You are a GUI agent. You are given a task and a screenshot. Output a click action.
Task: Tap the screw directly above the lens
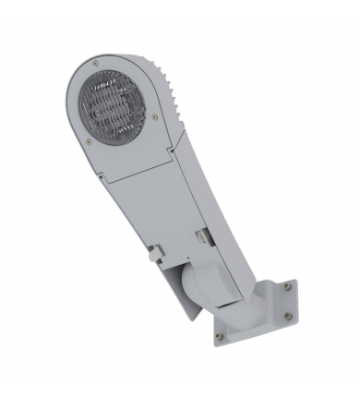pyautogui.click(x=95, y=62)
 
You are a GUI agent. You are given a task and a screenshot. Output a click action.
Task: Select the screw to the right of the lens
pyautogui.click(x=154, y=116)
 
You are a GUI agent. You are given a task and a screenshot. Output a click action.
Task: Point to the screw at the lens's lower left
pyautogui.click(x=88, y=141)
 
